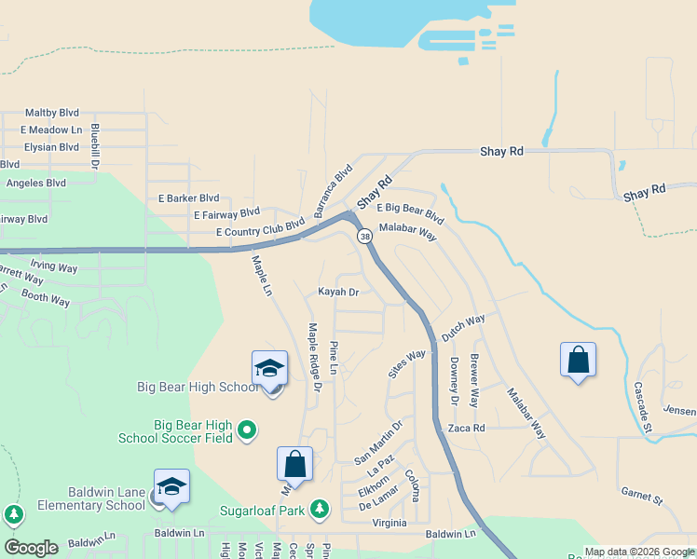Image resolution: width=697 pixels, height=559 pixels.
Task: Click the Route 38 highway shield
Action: (364, 237)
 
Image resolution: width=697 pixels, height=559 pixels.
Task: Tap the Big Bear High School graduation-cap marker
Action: (268, 368)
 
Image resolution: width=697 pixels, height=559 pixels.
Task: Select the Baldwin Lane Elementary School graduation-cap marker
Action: (171, 487)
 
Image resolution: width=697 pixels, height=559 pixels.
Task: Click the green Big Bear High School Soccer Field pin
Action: (246, 430)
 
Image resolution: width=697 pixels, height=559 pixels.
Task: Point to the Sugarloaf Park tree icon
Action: (320, 508)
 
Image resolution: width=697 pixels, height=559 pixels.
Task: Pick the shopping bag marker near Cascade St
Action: (578, 360)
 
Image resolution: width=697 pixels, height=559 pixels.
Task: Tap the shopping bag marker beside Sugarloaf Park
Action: (294, 464)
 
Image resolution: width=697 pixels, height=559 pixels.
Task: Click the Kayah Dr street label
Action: (338, 292)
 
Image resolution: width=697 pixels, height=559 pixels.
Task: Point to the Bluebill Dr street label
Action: (95, 146)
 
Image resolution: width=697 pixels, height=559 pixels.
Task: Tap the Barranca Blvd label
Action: (334, 191)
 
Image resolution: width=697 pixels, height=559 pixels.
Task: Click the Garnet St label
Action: (640, 495)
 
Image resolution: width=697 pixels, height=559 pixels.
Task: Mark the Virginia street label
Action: (389, 523)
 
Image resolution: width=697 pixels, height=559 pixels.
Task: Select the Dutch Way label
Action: (463, 327)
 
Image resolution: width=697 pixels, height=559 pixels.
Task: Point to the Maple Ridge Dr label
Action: (314, 357)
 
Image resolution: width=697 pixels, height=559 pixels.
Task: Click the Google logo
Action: (31, 548)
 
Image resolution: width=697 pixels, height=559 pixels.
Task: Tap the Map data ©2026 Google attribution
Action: (639, 552)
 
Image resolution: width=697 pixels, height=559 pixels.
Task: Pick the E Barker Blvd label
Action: (188, 198)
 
